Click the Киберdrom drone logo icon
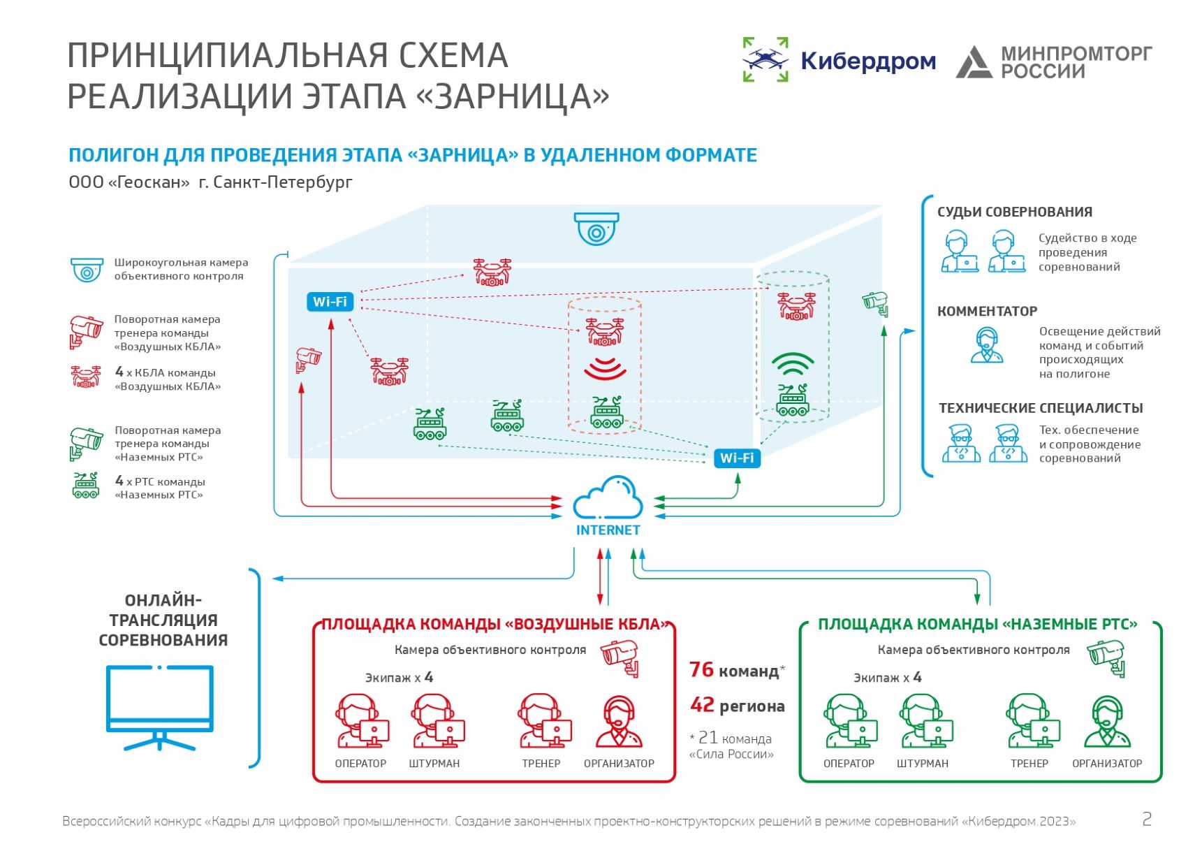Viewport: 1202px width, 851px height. (765, 59)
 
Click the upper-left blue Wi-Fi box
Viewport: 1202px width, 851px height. (330, 302)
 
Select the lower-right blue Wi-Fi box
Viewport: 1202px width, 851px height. (737, 458)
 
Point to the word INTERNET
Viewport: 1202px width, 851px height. (608, 530)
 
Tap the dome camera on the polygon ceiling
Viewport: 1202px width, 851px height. (596, 228)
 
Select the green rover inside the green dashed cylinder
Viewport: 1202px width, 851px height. (793, 400)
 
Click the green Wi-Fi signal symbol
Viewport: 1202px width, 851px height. (793, 365)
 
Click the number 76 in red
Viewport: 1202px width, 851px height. (701, 669)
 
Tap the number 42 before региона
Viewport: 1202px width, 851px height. (702, 705)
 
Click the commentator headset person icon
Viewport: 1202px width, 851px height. (986, 345)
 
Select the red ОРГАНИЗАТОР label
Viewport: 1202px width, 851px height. (619, 764)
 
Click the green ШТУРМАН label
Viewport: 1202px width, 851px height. (923, 764)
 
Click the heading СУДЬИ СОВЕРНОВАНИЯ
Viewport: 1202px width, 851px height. (1014, 212)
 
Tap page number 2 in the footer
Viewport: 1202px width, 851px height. (1146, 819)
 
